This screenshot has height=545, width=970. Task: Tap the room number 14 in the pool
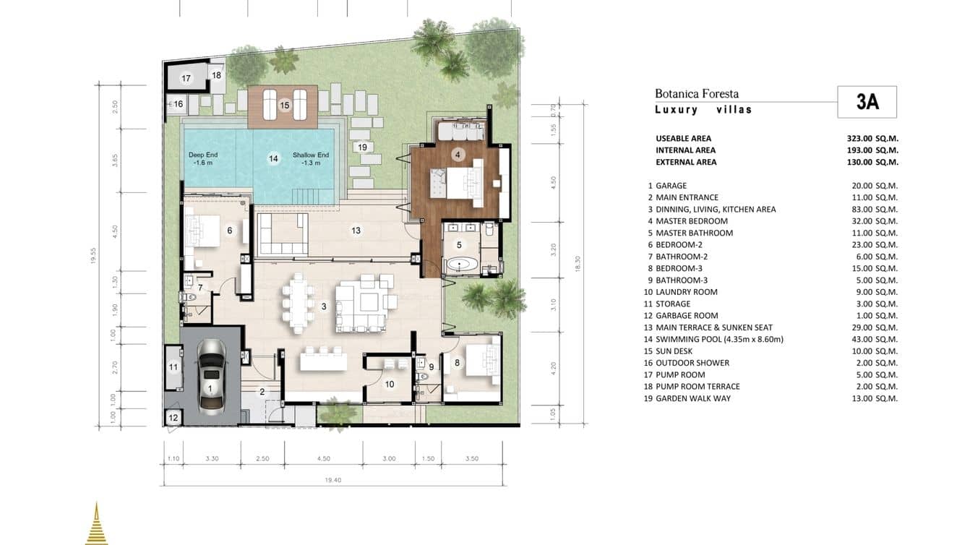pyautogui.click(x=273, y=158)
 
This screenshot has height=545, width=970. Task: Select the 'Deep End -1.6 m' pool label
pyautogui.click(x=202, y=159)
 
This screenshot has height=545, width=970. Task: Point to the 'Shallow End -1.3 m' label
pyautogui.click(x=311, y=159)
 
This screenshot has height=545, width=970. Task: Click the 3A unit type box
pyautogui.click(x=867, y=102)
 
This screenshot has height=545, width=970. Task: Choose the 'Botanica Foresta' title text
pyautogui.click(x=696, y=93)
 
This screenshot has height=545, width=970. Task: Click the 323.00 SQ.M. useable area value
pyautogui.click(x=872, y=138)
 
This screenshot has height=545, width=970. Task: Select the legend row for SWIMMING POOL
pyautogui.click(x=719, y=339)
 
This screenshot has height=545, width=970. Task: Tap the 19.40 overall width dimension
pyautogui.click(x=332, y=479)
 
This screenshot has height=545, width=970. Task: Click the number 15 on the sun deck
pyautogui.click(x=284, y=106)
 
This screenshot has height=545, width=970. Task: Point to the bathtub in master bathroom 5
pyautogui.click(x=461, y=264)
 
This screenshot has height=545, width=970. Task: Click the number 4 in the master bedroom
pyautogui.click(x=458, y=154)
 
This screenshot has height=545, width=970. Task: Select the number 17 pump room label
pyautogui.click(x=186, y=78)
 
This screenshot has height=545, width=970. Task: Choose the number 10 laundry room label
pyautogui.click(x=389, y=385)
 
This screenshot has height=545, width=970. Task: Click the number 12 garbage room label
pyautogui.click(x=173, y=418)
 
